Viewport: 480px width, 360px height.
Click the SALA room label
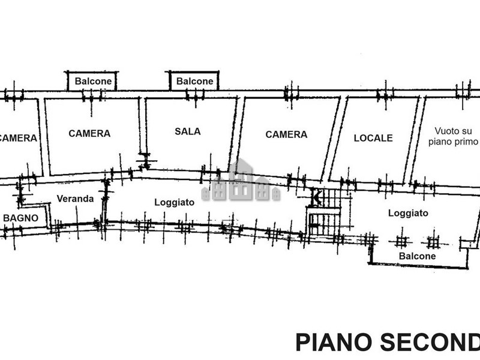[188, 131]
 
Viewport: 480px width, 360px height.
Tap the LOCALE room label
[373, 138]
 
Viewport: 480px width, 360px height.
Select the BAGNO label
[21, 218]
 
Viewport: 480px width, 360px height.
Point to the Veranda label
[75, 199]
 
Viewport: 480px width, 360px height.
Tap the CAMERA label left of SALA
[89, 133]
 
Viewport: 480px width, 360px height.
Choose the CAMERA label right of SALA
[286, 134]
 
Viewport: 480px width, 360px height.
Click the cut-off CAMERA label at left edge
[18, 138]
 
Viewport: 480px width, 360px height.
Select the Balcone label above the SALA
[194, 81]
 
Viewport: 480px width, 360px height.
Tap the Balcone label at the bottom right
[418, 256]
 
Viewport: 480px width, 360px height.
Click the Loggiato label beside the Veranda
[174, 202]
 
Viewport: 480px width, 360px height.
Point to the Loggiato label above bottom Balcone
[408, 213]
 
